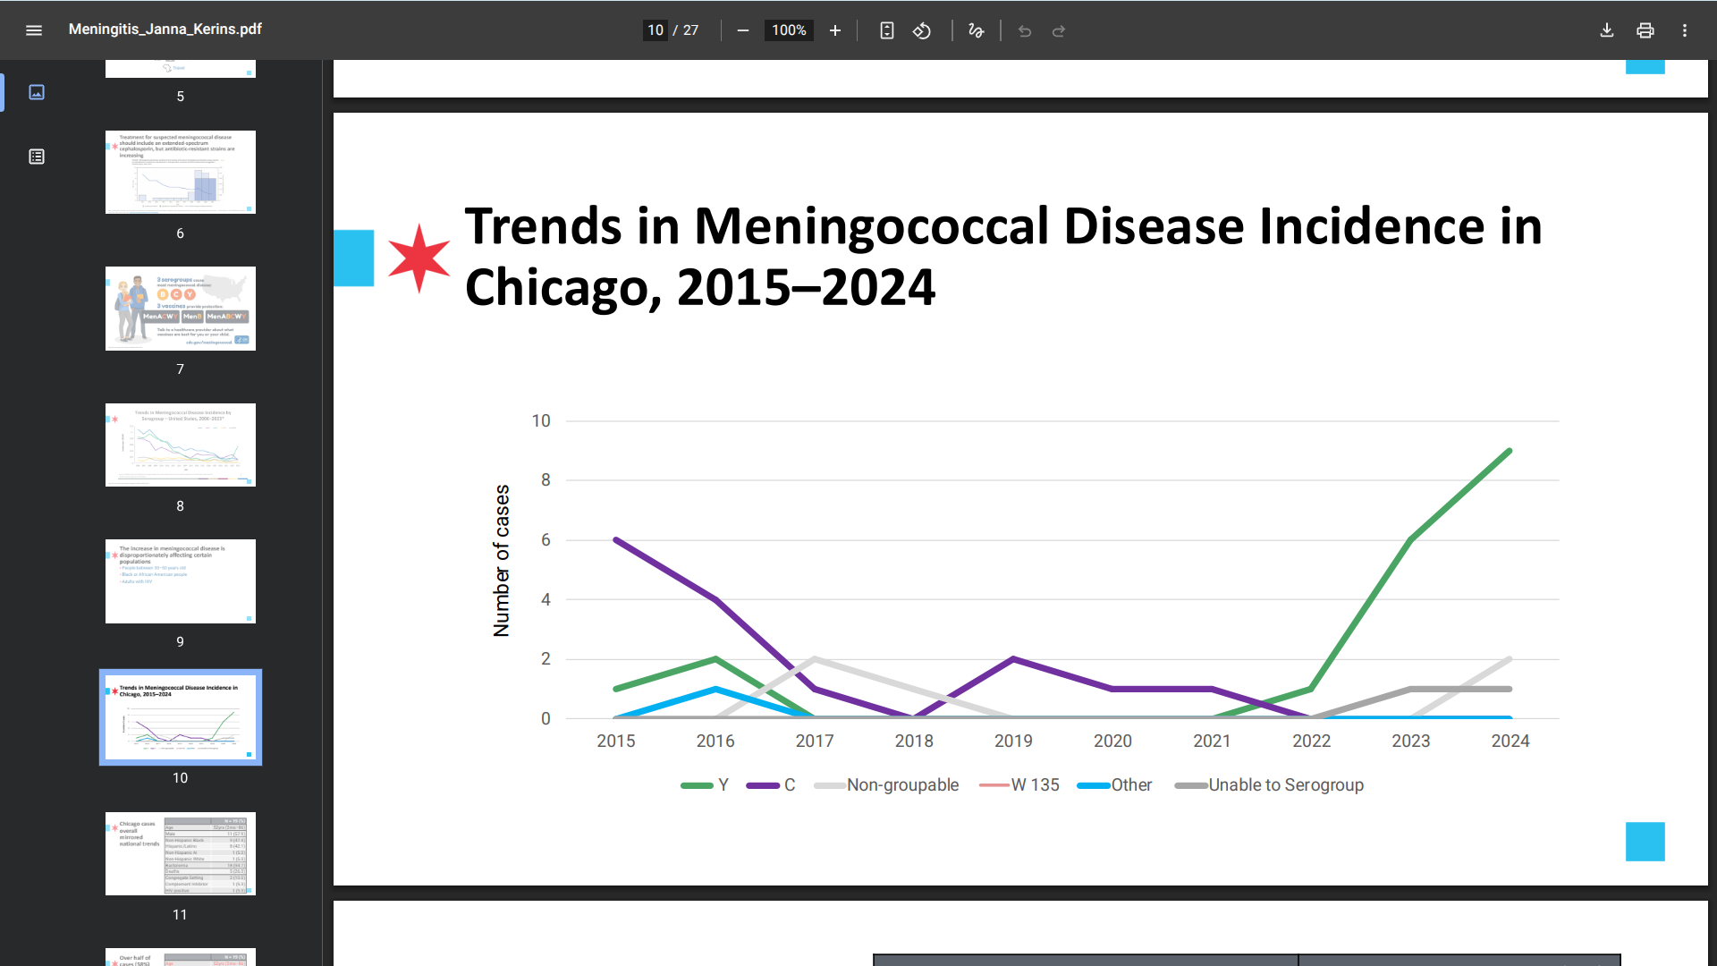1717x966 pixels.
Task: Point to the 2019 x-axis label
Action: coord(1013,741)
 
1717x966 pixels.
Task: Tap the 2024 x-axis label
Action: coord(1510,741)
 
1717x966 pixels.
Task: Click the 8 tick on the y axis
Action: coord(546,480)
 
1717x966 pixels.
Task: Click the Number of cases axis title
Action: coord(502,561)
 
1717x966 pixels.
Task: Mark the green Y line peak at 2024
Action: coord(1510,451)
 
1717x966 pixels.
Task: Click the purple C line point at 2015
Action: coord(616,540)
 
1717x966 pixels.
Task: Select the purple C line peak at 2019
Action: coord(1013,659)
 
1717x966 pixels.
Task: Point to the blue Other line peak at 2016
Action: coord(715,689)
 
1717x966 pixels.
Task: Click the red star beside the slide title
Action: coord(419,258)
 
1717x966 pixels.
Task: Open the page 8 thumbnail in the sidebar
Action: coord(181,445)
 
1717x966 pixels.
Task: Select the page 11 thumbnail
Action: coord(181,853)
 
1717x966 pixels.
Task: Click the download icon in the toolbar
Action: coord(1607,30)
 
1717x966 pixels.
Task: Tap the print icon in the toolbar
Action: coord(1645,30)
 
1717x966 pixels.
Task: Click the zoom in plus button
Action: coord(835,30)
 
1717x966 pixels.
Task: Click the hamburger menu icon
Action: coord(34,30)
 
